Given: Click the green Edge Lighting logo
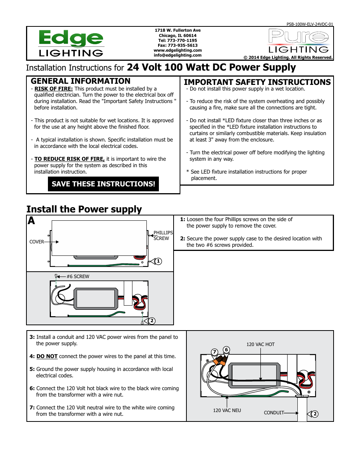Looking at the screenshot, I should tap(71, 43).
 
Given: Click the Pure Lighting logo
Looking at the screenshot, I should tap(298, 41).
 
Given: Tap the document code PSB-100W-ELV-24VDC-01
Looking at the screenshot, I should tap(309, 24).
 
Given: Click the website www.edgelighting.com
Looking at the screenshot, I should tap(177, 50).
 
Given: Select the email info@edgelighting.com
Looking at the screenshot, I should tap(177, 55).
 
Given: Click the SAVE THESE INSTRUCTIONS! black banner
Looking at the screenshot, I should tap(103, 184).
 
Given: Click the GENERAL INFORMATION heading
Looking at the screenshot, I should tap(80, 81).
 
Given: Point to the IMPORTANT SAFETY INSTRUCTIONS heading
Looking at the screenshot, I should tap(257, 82).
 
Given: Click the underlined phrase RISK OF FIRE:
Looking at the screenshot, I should tap(53, 89).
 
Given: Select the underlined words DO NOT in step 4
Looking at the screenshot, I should tap(47, 356).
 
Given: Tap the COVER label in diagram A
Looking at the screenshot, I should tap(37, 242).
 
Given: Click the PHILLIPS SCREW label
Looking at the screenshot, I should tap(163, 235).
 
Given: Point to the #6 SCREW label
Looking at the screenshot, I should tap(78, 277).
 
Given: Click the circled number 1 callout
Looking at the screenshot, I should tap(158, 261).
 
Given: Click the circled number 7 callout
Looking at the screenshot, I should tap(214, 352).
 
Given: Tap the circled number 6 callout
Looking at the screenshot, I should tap(226, 349).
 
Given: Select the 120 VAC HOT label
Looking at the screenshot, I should tap(260, 345).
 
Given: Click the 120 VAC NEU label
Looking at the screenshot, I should tap(227, 411).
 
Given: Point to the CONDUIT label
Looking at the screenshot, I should tap(274, 413).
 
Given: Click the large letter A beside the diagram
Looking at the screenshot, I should tap(31, 221).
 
